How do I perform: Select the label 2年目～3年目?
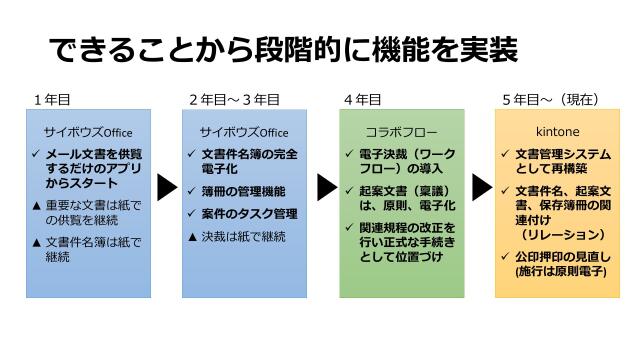pos(234,100)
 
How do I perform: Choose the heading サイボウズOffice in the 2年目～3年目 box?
pos(244,132)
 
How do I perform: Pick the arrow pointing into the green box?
pos(326,187)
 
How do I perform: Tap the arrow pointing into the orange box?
pos(482,187)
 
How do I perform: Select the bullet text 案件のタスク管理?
pos(249,213)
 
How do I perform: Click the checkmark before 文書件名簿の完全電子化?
pos(193,154)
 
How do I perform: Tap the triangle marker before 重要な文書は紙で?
pos(36,206)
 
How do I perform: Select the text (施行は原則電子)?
pos(561,271)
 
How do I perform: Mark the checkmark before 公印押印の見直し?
pos(505,256)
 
